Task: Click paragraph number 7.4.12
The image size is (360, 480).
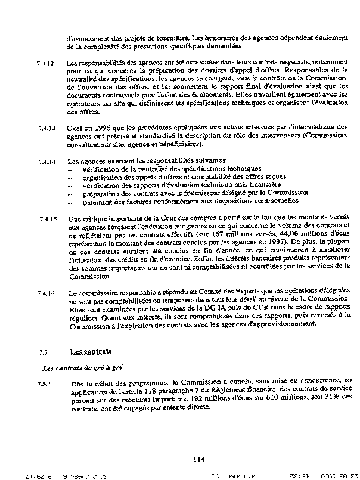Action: click(46, 63)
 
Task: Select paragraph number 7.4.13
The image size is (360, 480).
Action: click(46, 128)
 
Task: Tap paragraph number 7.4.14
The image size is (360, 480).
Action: click(46, 161)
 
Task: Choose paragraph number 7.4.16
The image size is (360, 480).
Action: click(46, 293)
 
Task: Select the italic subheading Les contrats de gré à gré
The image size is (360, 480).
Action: click(81, 368)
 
